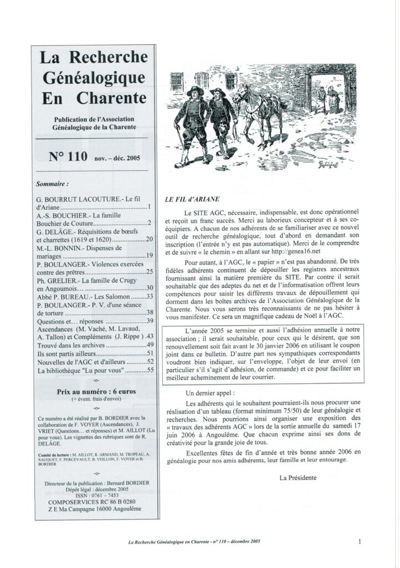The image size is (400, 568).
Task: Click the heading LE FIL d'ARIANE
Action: point(184,199)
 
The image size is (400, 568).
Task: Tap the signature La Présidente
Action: point(299,477)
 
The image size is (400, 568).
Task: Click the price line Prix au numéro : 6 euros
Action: point(96,391)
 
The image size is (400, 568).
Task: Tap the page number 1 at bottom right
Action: point(361,542)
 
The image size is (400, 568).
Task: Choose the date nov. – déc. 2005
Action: point(117,158)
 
